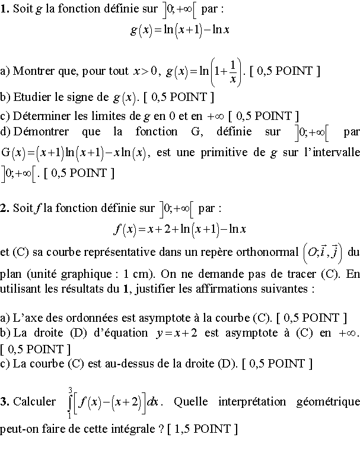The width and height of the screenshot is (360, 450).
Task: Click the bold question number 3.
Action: [4, 402]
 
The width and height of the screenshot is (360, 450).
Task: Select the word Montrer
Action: [31, 71]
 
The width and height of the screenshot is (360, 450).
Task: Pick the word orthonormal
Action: [266, 252]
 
